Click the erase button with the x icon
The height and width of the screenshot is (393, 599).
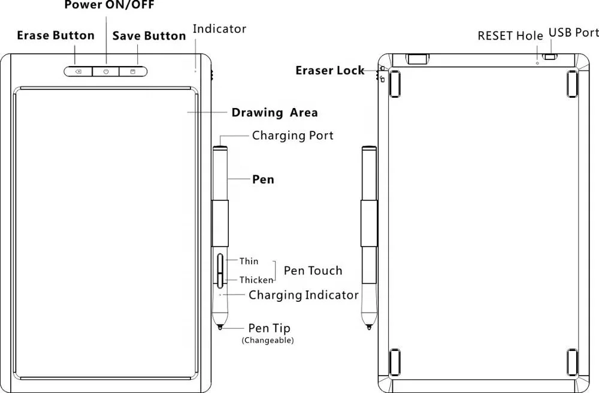(78, 71)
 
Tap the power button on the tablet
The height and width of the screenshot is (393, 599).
(106, 71)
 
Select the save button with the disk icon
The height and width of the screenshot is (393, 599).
(133, 71)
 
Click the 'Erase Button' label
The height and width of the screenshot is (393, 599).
(56, 35)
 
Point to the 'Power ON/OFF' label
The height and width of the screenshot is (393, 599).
(109, 5)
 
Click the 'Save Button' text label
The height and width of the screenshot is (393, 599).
(149, 36)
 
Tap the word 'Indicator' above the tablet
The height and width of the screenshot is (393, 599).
(219, 29)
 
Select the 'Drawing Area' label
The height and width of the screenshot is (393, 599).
(275, 113)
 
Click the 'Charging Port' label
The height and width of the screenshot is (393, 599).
(293, 136)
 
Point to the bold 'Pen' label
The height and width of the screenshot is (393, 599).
(263, 179)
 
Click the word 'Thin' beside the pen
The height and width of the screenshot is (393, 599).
(249, 261)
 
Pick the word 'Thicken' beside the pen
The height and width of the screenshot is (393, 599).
(256, 280)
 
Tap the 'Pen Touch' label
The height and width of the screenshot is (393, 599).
(313, 271)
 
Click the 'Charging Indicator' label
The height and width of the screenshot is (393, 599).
(303, 295)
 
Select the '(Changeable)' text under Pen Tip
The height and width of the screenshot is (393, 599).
(267, 340)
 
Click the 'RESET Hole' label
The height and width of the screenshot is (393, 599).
(510, 35)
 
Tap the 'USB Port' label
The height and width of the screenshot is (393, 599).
(574, 32)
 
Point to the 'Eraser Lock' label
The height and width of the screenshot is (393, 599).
(330, 70)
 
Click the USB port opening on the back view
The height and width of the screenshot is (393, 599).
(550, 57)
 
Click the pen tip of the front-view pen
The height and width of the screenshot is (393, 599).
(220, 327)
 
